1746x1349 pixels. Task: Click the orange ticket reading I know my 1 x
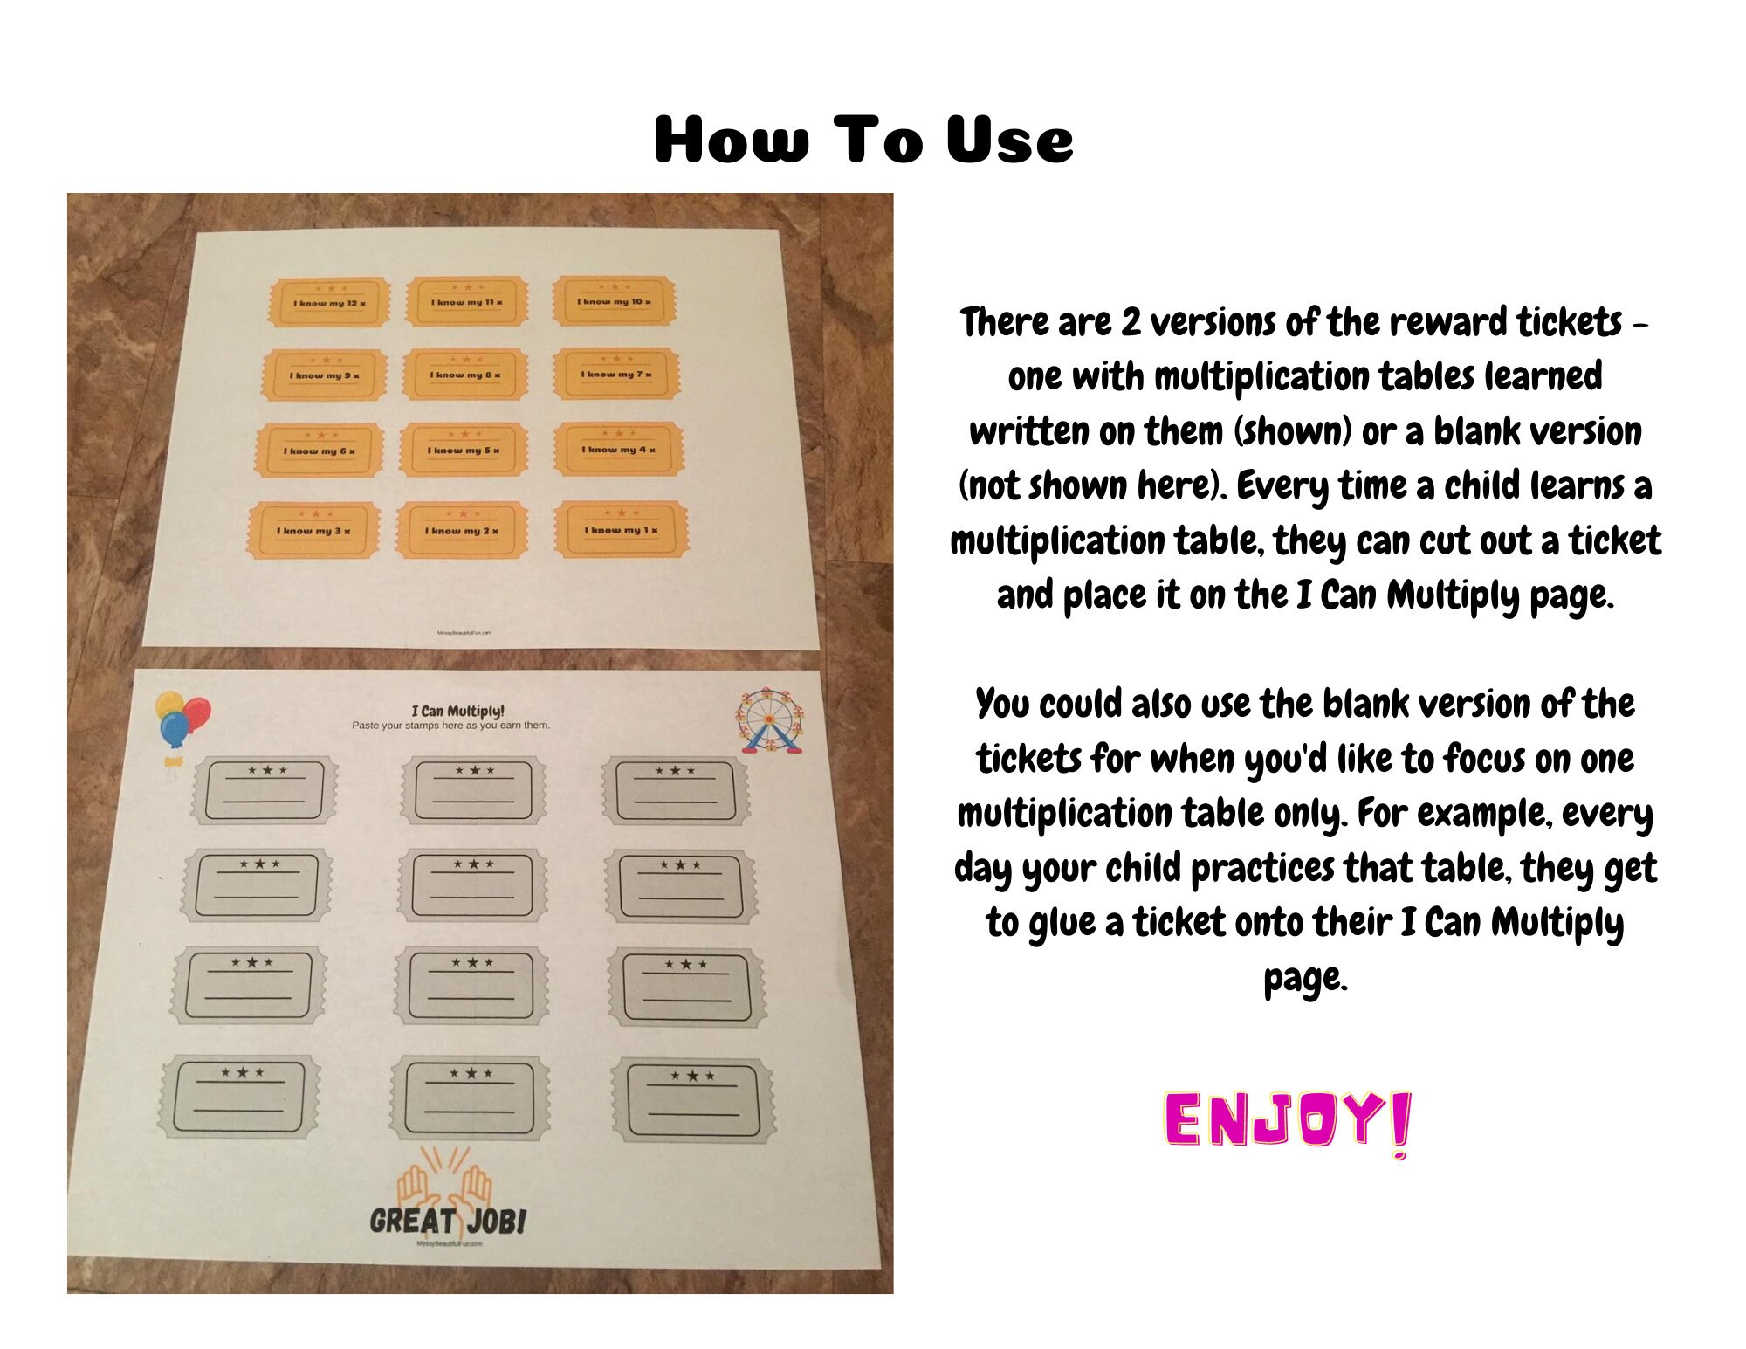(x=622, y=529)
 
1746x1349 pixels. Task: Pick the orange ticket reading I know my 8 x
(x=465, y=374)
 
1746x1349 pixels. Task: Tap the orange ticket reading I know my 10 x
(x=614, y=300)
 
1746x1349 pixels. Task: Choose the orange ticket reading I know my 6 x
(x=319, y=451)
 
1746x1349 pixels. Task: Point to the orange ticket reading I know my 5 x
(x=464, y=450)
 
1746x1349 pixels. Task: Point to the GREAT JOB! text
(x=448, y=1220)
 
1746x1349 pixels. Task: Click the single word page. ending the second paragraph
(x=1305, y=978)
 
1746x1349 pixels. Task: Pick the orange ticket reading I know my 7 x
(x=616, y=374)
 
